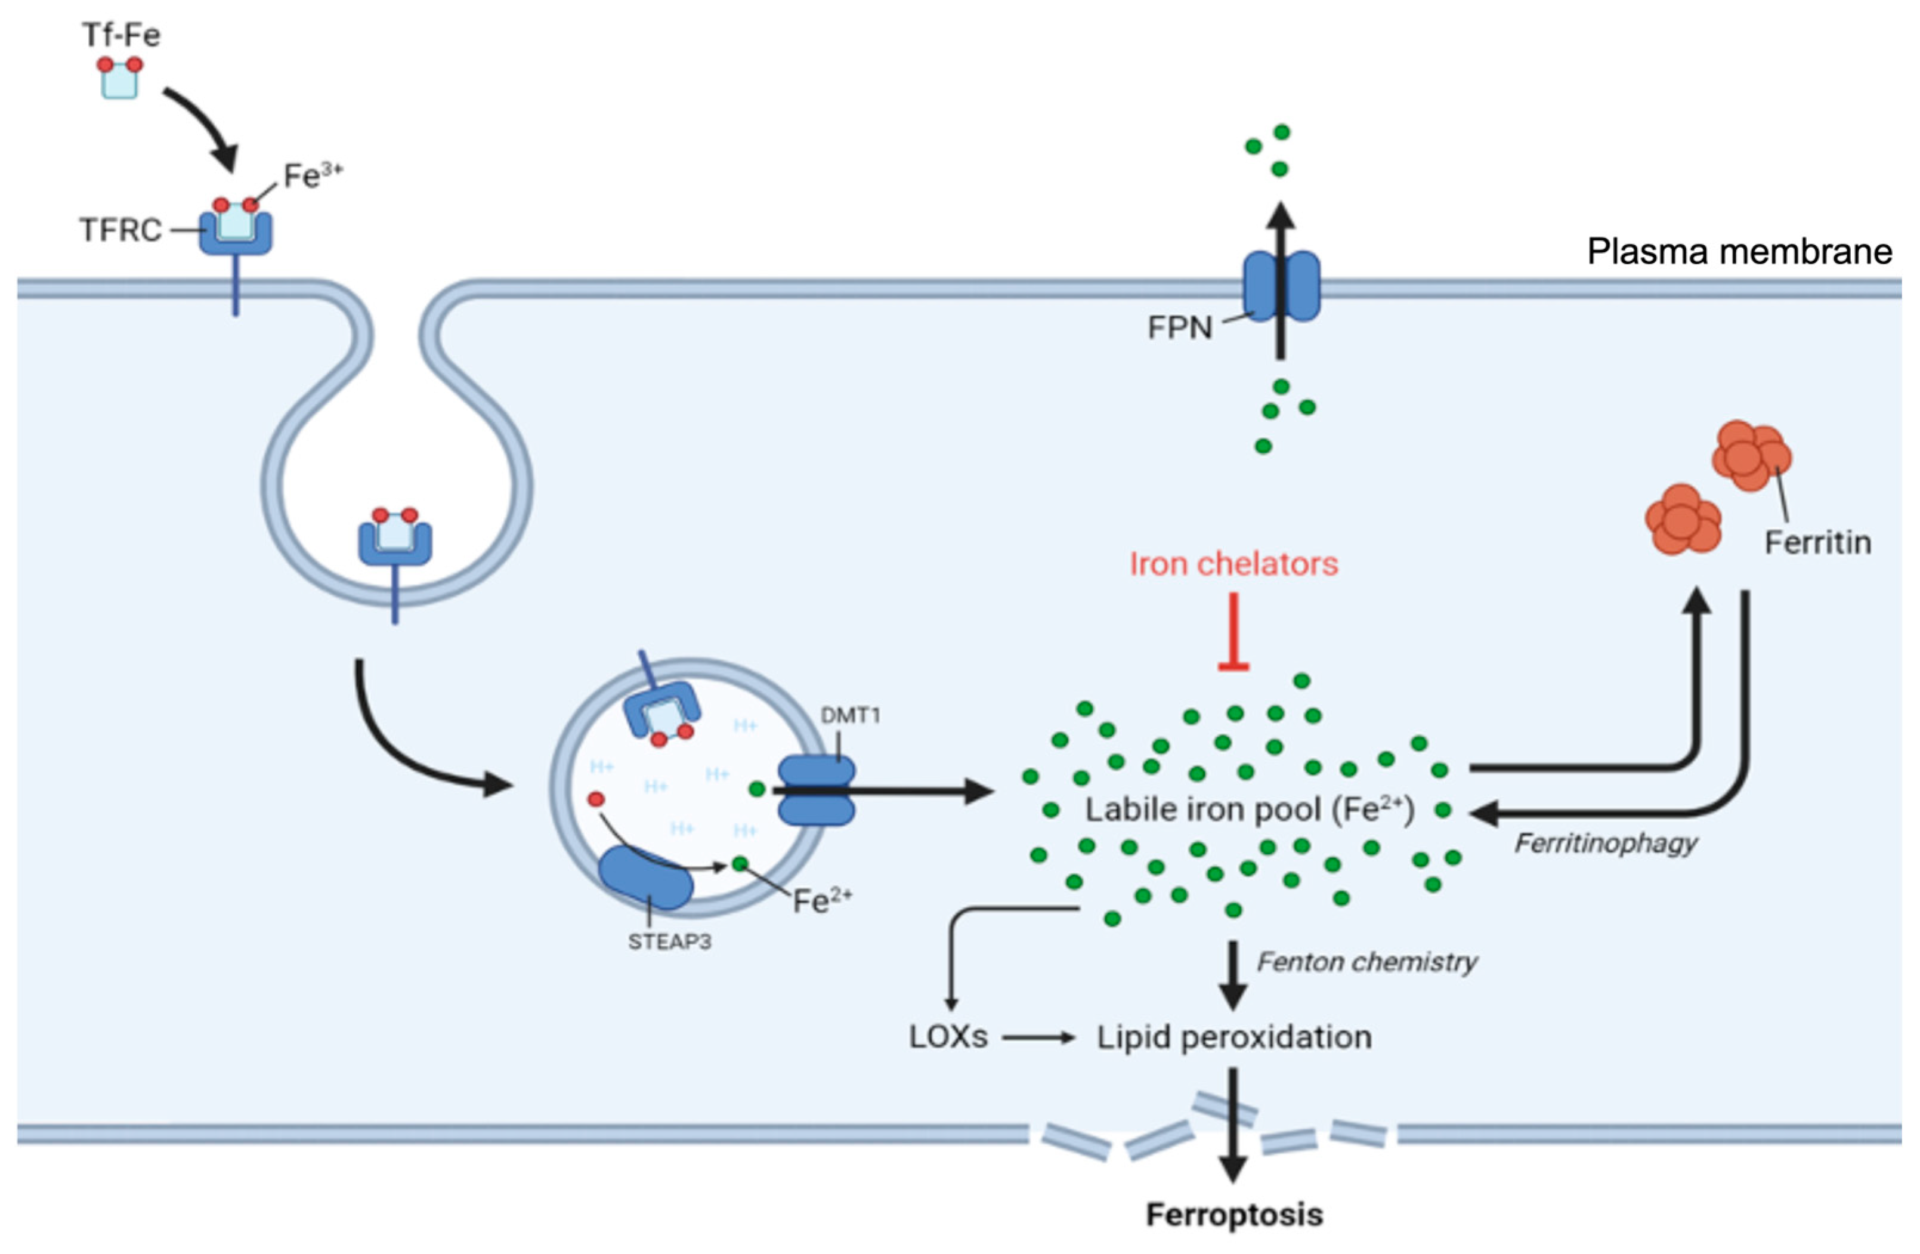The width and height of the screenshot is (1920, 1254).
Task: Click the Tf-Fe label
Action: coord(121,35)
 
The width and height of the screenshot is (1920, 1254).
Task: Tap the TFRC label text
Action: coord(121,230)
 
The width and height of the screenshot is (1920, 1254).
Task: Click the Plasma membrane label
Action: coord(1739,252)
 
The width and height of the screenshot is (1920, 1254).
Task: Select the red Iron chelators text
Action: coord(1233,564)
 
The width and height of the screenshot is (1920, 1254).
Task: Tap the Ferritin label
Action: coord(1817,542)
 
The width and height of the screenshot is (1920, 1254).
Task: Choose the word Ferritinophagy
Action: coord(1606,844)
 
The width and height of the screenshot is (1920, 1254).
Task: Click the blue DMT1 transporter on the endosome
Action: coord(815,791)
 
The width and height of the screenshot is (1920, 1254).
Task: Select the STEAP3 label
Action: coord(670,942)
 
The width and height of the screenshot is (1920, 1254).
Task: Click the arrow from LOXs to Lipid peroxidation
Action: coord(1039,1037)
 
